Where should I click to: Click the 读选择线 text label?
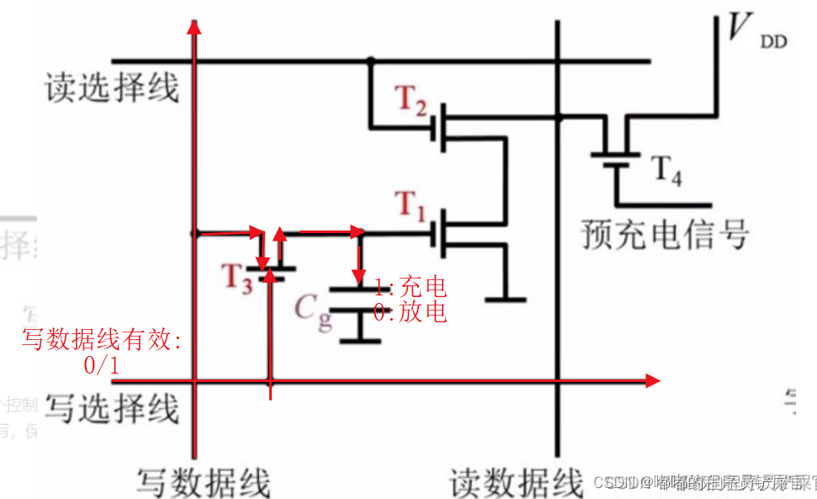click(112, 87)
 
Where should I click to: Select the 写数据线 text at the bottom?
click(203, 482)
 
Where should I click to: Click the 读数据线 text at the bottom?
click(515, 482)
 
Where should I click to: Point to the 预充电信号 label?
click(665, 235)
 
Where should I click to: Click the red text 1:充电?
click(411, 286)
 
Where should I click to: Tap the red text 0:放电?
click(411, 312)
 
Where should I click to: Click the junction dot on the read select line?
click(369, 61)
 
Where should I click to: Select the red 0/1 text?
click(102, 366)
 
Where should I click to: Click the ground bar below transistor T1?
click(506, 299)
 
